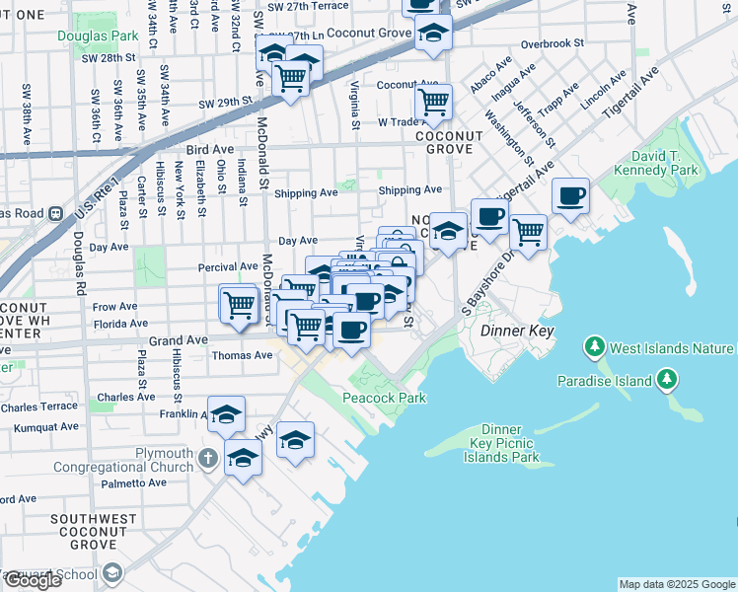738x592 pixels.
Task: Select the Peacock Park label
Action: pyautogui.click(x=383, y=398)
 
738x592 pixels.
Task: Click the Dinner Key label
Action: pyautogui.click(x=517, y=332)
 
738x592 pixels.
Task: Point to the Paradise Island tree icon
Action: pyautogui.click(x=667, y=379)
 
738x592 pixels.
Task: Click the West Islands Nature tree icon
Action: pyautogui.click(x=594, y=346)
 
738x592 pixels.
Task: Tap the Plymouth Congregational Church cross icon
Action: pyautogui.click(x=207, y=458)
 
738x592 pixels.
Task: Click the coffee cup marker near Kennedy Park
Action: pyautogui.click(x=570, y=195)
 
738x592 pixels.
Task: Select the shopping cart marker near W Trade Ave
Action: pyautogui.click(x=433, y=101)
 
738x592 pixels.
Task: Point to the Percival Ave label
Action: pyautogui.click(x=228, y=266)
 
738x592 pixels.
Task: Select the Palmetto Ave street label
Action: pyautogui.click(x=138, y=482)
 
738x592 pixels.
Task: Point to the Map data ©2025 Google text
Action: pyautogui.click(x=677, y=584)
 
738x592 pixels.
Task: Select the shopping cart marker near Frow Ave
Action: pyautogui.click(x=238, y=304)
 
